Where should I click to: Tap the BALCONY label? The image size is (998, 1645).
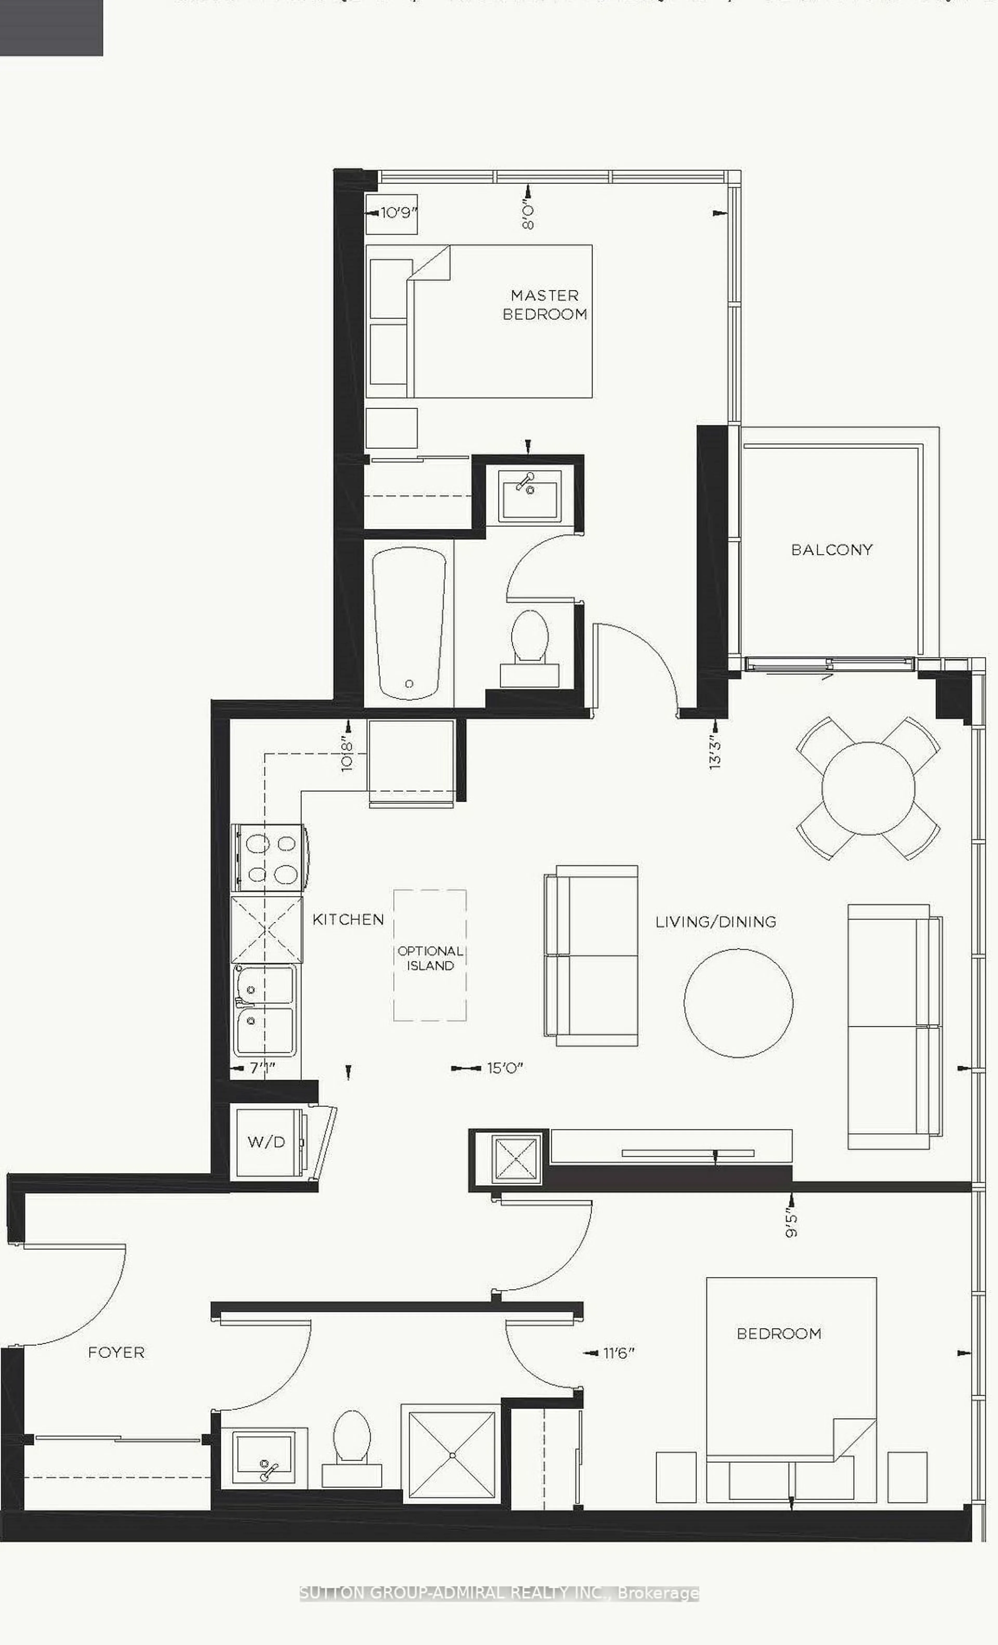[832, 549]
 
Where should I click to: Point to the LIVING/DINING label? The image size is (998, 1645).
[715, 922]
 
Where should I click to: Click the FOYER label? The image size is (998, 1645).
[116, 1353]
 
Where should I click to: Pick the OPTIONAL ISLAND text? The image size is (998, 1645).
[430, 958]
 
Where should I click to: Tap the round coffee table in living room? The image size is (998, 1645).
[738, 1002]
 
